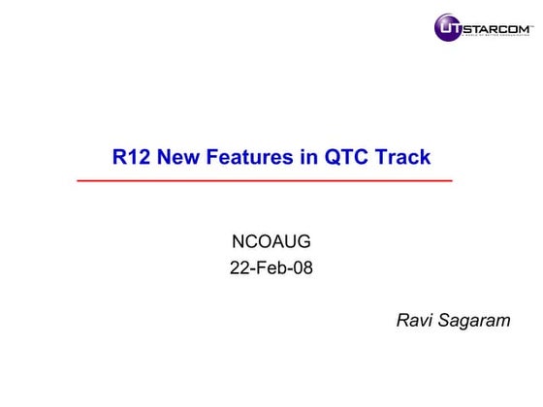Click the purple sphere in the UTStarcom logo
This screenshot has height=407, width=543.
[449, 27]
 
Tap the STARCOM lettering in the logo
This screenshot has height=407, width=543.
[495, 26]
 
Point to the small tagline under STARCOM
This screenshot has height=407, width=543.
[497, 37]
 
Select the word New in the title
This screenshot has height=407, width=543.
[177, 157]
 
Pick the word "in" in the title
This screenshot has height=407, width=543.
[308, 157]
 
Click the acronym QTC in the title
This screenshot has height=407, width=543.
[344, 157]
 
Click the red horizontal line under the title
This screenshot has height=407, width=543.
[264, 180]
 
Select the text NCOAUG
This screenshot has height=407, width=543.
[271, 242]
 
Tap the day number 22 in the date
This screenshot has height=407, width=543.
[239, 268]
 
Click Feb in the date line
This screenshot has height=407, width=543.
[271, 268]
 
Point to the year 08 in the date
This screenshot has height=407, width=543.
[303, 268]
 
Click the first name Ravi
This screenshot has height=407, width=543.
[415, 321]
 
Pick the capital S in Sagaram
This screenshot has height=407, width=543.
[446, 321]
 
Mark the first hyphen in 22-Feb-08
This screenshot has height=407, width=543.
[252, 269]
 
